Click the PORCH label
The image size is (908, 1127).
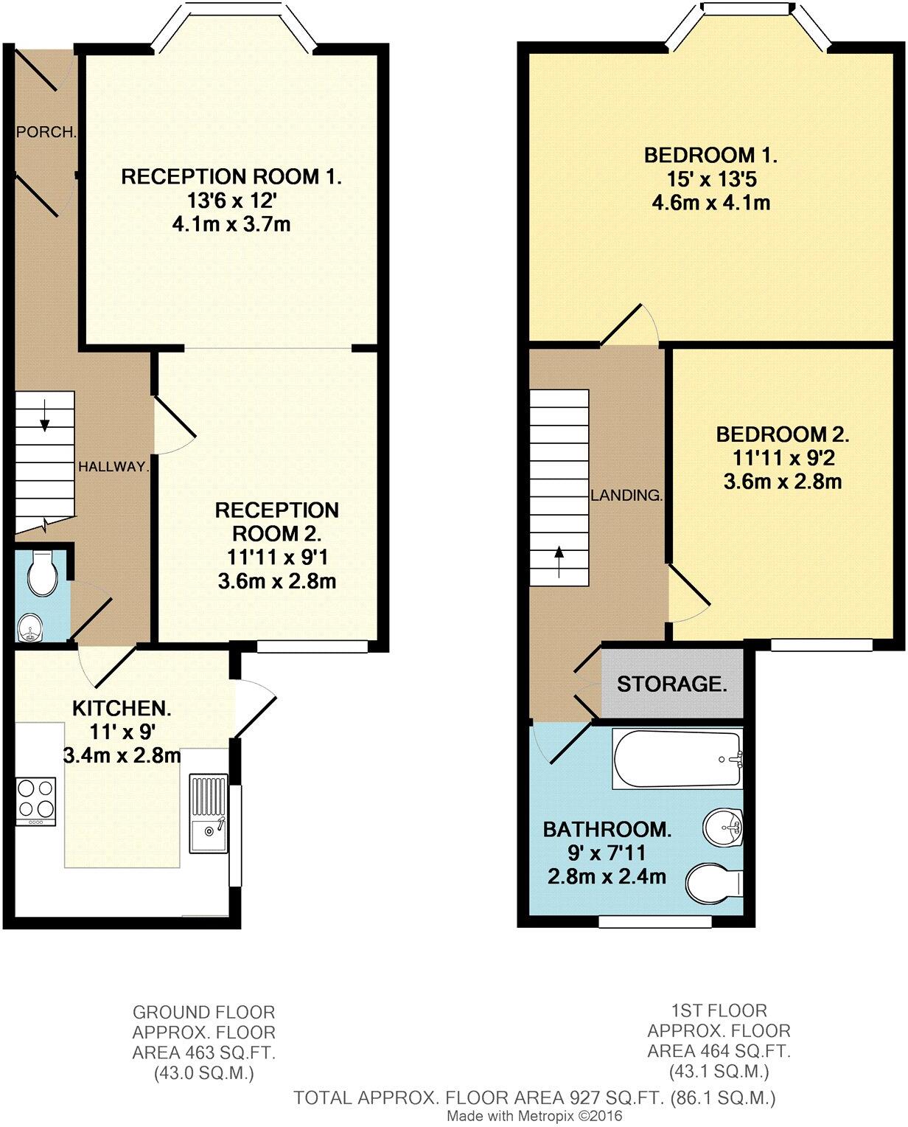pos(46,133)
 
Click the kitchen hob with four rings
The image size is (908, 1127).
pos(36,801)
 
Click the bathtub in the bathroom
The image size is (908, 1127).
pos(677,759)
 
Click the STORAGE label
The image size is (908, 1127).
pos(671,684)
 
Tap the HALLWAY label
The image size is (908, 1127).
pos(114,466)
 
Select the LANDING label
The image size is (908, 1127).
pos(626,495)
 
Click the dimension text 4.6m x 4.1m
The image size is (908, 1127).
pos(710,202)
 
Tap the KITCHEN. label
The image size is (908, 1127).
pos(122,709)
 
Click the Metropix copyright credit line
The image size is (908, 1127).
pos(535,1116)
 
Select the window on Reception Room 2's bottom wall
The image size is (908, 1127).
pos(312,646)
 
